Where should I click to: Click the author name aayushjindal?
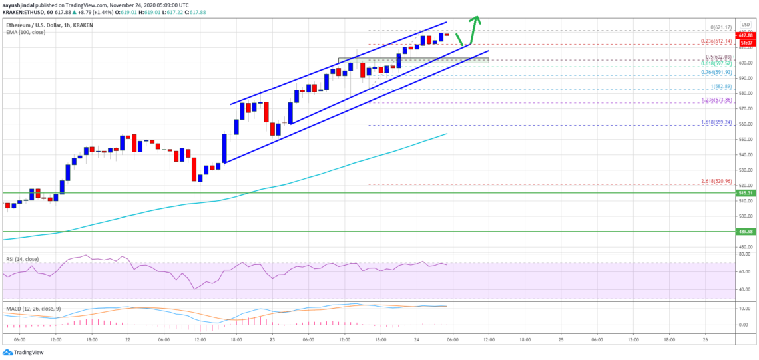tap(19, 3)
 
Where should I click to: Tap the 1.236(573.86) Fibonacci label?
tap(716, 100)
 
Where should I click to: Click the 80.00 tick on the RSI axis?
tap(744, 254)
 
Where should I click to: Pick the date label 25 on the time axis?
tap(561, 339)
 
